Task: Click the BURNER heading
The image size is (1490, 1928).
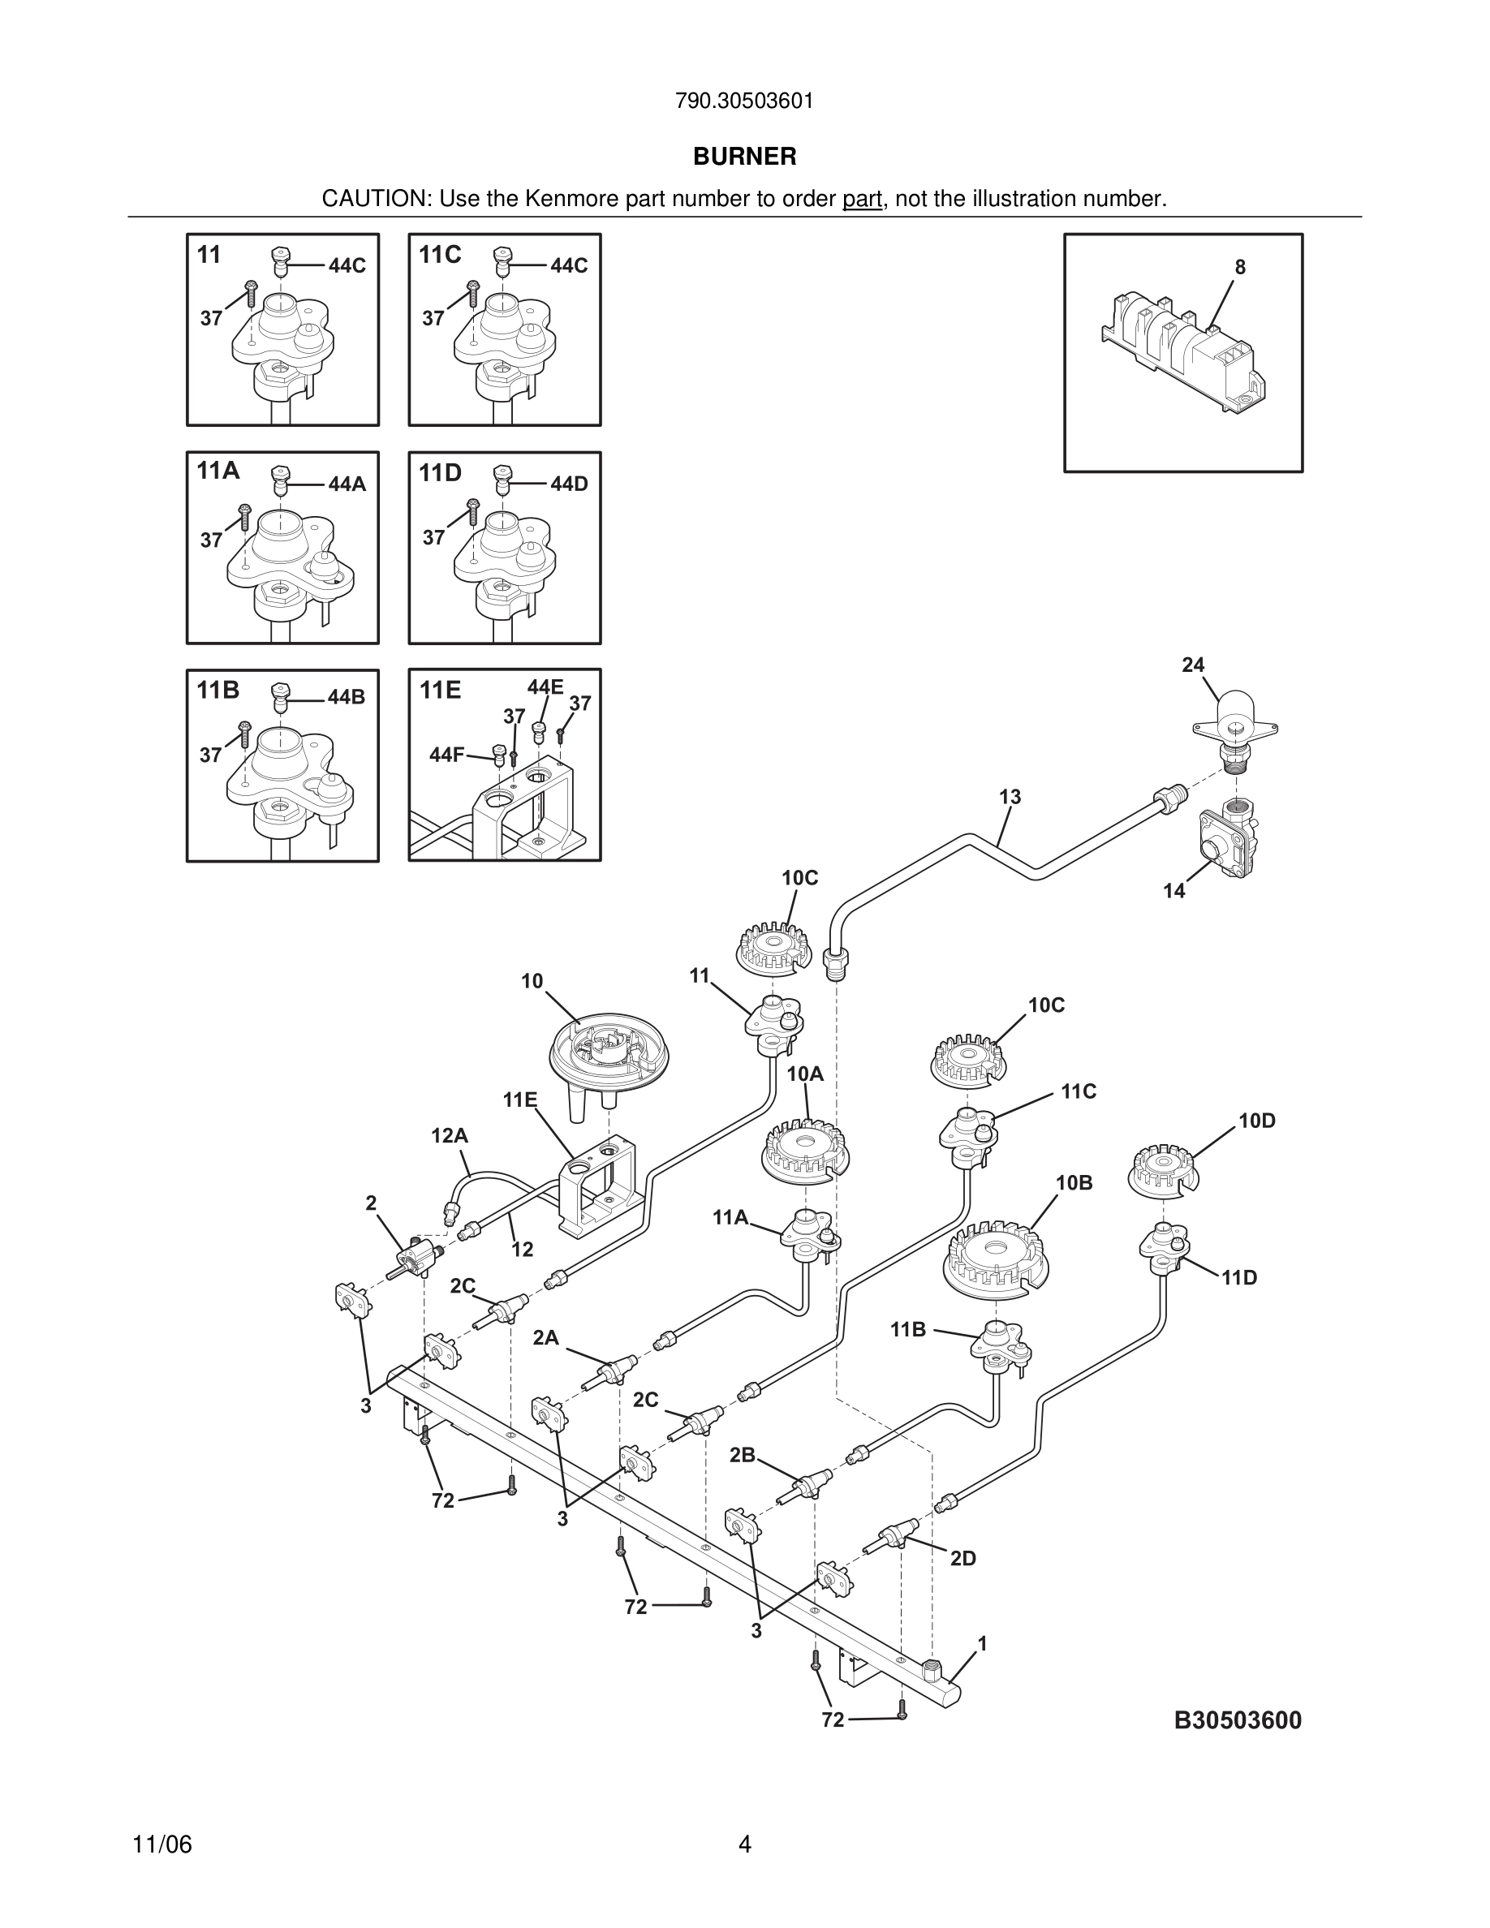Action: point(744,157)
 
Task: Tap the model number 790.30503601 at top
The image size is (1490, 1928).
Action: point(744,101)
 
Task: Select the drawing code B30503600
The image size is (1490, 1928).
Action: point(1238,1720)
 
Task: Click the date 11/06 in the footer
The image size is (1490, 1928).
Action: point(161,1845)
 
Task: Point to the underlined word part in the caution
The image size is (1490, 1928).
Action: point(862,200)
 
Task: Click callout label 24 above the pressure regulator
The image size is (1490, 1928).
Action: point(1192,665)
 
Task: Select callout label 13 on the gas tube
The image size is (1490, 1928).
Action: point(1010,797)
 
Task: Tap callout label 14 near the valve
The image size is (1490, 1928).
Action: point(1174,891)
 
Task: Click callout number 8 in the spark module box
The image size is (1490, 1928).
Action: point(1239,268)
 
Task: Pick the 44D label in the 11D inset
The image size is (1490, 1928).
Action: point(570,484)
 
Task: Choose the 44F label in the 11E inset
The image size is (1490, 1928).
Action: point(446,755)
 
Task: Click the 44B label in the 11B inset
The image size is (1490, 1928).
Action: point(346,697)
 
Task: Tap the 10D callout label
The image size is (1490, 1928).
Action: point(1257,1121)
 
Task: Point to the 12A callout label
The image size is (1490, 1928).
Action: point(450,1136)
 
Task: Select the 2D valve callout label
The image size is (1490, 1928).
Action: point(963,1559)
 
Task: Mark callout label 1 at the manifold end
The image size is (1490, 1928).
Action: point(983,1644)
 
